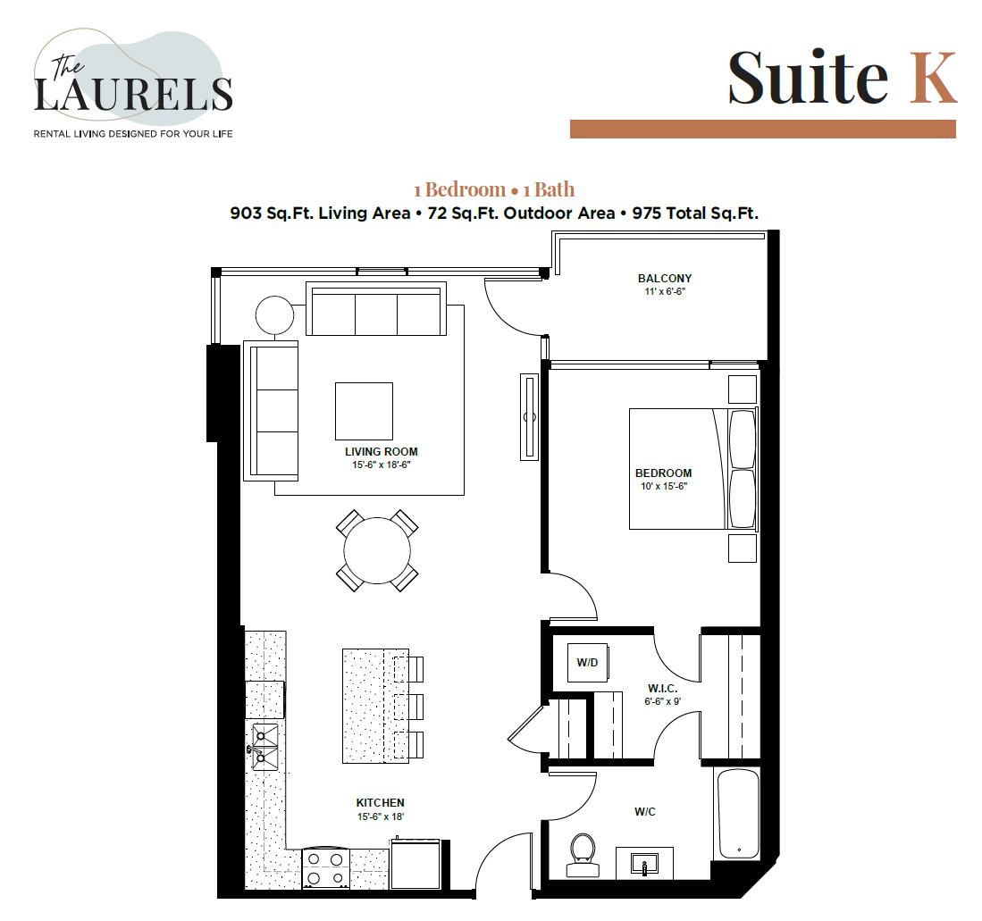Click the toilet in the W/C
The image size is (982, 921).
tap(583, 853)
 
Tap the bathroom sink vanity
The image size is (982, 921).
tap(644, 863)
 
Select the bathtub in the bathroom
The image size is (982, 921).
tap(738, 813)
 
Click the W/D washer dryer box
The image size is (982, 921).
tap(587, 662)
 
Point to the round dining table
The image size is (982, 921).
tap(377, 550)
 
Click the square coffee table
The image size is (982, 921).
tap(364, 411)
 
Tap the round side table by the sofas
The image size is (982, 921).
tap(274, 314)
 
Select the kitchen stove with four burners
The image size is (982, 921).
tap(325, 867)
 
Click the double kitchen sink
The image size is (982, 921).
tap(264, 747)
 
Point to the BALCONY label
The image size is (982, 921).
tap(664, 279)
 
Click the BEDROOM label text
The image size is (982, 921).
tap(663, 473)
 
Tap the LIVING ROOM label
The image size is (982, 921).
tap(382, 452)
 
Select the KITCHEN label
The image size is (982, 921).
tap(381, 803)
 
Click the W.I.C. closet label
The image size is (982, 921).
tap(662, 689)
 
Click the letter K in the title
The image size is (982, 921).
tap(933, 77)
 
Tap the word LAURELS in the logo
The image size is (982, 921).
tap(133, 94)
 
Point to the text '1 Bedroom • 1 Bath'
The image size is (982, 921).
tap(494, 189)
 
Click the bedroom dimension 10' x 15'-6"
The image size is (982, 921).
tap(663, 486)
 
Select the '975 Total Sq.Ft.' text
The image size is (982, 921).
tap(695, 214)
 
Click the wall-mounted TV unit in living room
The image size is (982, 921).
tap(530, 417)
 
